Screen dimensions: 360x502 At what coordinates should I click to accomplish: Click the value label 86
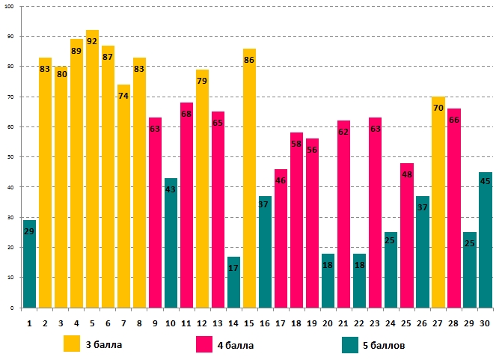click(249, 60)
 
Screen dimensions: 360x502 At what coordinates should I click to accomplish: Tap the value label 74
click(123, 96)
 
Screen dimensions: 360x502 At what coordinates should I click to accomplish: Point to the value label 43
click(171, 189)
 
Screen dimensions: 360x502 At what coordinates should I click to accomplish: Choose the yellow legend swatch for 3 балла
click(72, 344)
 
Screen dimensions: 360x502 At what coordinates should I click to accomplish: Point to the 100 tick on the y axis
click(10, 7)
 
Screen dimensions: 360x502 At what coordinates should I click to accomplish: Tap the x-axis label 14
click(233, 323)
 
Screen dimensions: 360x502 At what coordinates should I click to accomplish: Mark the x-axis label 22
click(359, 323)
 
